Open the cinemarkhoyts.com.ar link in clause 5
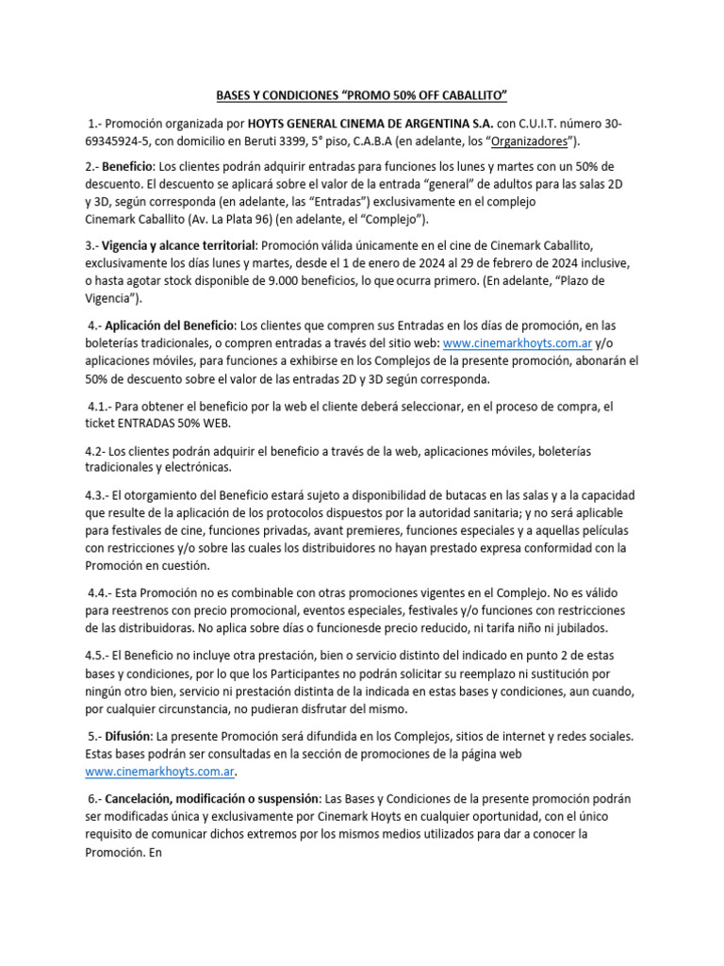tap(158, 772)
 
